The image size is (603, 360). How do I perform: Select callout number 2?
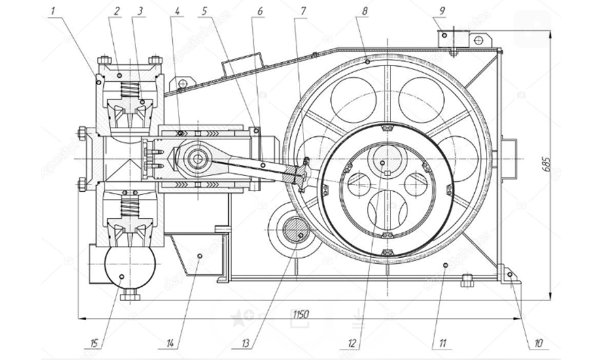(117, 11)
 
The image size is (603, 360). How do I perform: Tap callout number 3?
(139, 11)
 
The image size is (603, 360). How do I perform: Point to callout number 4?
(178, 11)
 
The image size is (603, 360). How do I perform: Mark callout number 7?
(302, 11)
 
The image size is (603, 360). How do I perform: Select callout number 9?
(442, 11)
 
